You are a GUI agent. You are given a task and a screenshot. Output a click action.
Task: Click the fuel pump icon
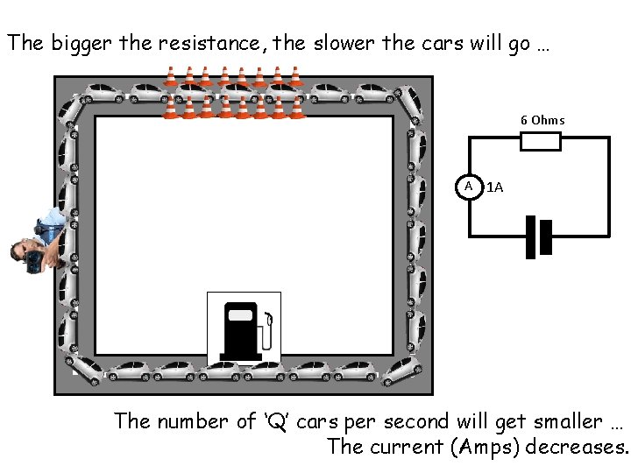pyautogui.click(x=243, y=328)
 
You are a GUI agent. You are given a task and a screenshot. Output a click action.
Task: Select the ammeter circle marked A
pyautogui.click(x=469, y=187)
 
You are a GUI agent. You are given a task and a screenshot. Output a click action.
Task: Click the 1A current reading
pyautogui.click(x=494, y=187)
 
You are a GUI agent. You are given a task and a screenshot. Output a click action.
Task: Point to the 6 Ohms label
pyautogui.click(x=542, y=120)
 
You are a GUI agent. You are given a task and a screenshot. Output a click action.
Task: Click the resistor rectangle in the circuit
pyautogui.click(x=540, y=141)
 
